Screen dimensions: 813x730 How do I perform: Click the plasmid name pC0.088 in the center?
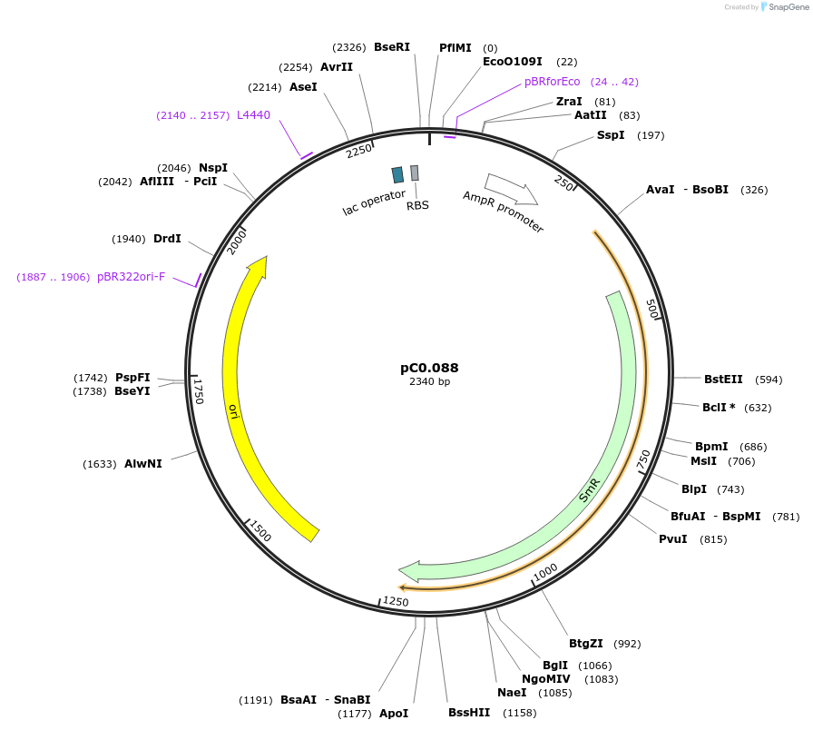coord(429,368)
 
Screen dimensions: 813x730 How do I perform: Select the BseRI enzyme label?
coord(392,46)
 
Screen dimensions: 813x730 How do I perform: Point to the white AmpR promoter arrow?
coord(511,188)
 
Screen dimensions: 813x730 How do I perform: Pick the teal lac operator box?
coord(397,174)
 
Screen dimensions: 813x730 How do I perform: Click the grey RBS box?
coord(415,173)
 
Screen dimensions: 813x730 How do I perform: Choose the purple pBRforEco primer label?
coord(552,81)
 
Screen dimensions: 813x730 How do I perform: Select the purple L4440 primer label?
coord(253,115)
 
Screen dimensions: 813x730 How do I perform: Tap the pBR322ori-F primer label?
coord(131,277)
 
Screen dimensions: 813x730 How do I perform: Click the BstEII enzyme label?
coord(723,380)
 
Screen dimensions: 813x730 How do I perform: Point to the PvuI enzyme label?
coord(672,539)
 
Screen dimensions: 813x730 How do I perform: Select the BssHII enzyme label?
coord(469,713)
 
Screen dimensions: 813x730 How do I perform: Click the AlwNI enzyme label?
coord(142,464)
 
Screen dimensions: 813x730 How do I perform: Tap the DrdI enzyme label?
coord(167,239)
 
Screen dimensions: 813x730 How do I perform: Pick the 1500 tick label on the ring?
coord(260,532)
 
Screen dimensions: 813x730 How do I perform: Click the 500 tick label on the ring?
coord(652,308)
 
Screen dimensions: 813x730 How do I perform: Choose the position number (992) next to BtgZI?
coord(627,644)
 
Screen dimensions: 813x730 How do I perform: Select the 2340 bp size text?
coord(429,382)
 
